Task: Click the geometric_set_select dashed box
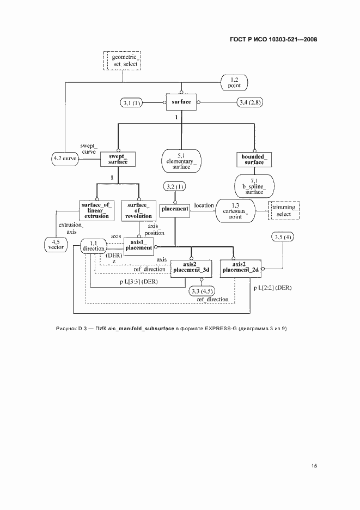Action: [x=122, y=60]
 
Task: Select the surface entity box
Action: [x=181, y=102]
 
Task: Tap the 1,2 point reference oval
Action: [x=234, y=83]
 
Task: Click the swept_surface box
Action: [x=118, y=159]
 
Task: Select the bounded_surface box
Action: [x=253, y=159]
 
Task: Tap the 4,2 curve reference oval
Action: [x=65, y=159]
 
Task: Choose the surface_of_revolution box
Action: [x=139, y=210]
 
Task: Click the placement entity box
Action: [x=174, y=209]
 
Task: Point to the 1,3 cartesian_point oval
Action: [x=235, y=210]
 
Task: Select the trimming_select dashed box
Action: [x=284, y=210]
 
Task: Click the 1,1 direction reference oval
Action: [x=93, y=246]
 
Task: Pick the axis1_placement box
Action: [x=138, y=245]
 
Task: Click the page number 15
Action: [x=314, y=466]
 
